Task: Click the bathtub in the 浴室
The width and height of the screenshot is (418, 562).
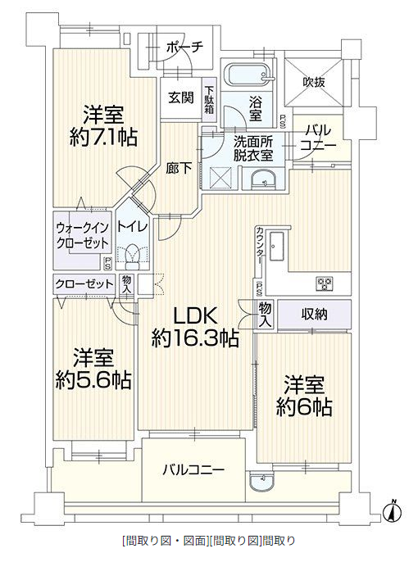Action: click(x=248, y=75)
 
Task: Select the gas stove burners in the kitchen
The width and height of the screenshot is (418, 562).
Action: click(x=325, y=283)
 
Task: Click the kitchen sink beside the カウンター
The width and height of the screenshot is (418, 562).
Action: click(x=276, y=246)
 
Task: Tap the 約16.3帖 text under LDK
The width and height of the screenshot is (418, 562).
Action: click(x=195, y=338)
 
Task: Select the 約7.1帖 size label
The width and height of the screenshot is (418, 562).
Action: click(x=103, y=137)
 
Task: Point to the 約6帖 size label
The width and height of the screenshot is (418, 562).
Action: click(x=303, y=407)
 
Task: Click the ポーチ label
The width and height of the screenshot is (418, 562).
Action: click(x=185, y=47)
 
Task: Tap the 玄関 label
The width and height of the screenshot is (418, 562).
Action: click(x=181, y=97)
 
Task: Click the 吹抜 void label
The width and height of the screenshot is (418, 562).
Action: click(x=314, y=82)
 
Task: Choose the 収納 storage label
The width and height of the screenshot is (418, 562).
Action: click(x=314, y=315)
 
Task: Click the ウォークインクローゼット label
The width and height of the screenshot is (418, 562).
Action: click(x=83, y=235)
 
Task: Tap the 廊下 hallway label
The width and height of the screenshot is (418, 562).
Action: click(x=179, y=169)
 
